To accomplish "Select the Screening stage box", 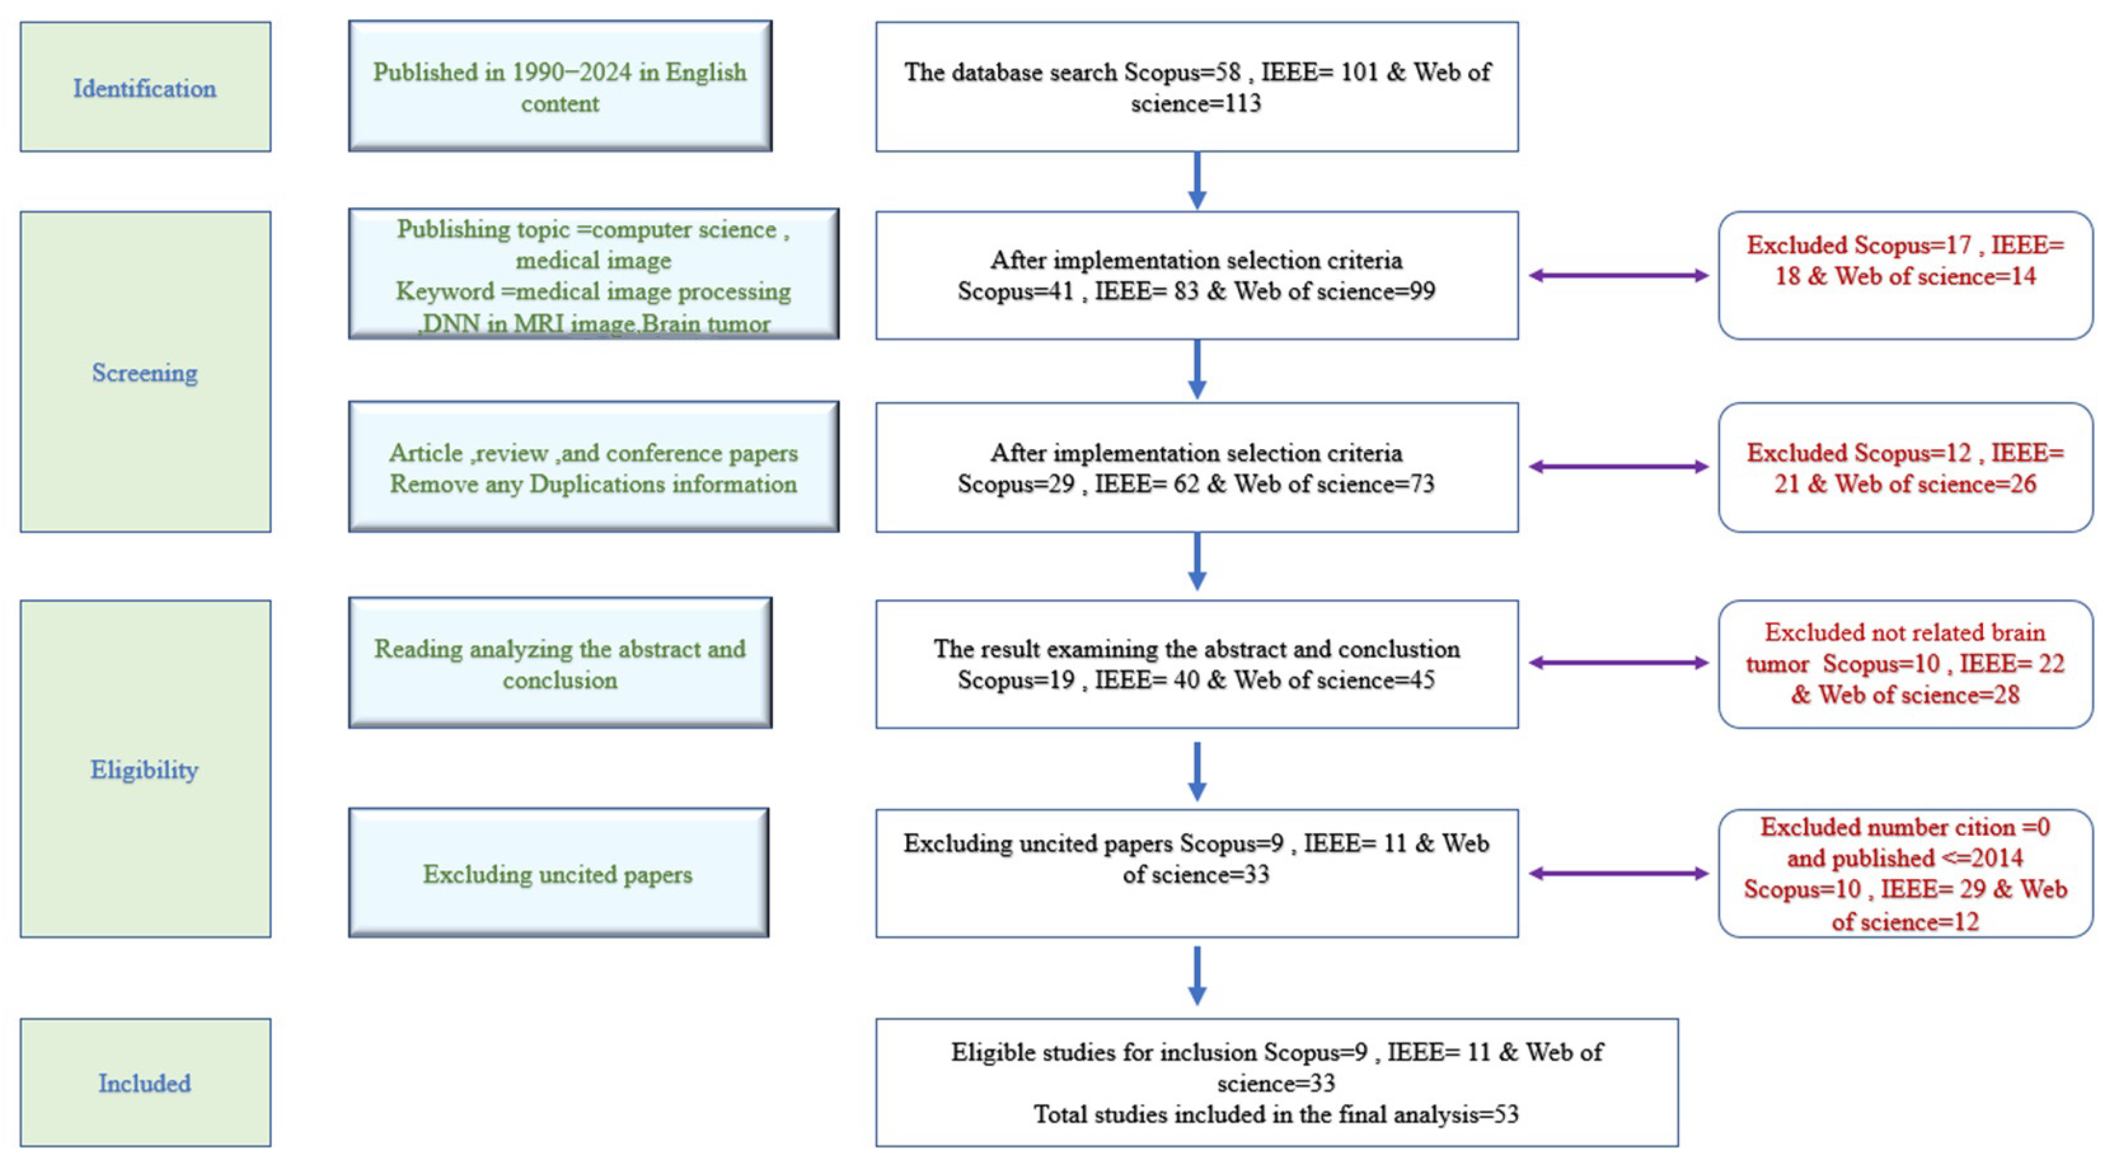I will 146,372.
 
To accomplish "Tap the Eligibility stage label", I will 145,770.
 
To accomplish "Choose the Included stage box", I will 146,1082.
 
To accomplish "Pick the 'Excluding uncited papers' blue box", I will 558,873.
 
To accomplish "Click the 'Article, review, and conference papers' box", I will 593,467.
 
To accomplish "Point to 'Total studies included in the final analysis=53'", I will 1276,1114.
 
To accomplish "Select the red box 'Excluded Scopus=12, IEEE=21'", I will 1905,467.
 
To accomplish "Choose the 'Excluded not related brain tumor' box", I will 1905,663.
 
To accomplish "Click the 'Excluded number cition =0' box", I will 1905,873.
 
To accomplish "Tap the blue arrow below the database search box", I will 1197,181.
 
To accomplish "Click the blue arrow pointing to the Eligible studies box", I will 1197,976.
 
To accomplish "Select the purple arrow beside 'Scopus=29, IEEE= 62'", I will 1618,467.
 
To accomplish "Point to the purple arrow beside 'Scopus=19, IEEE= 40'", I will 1618,663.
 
